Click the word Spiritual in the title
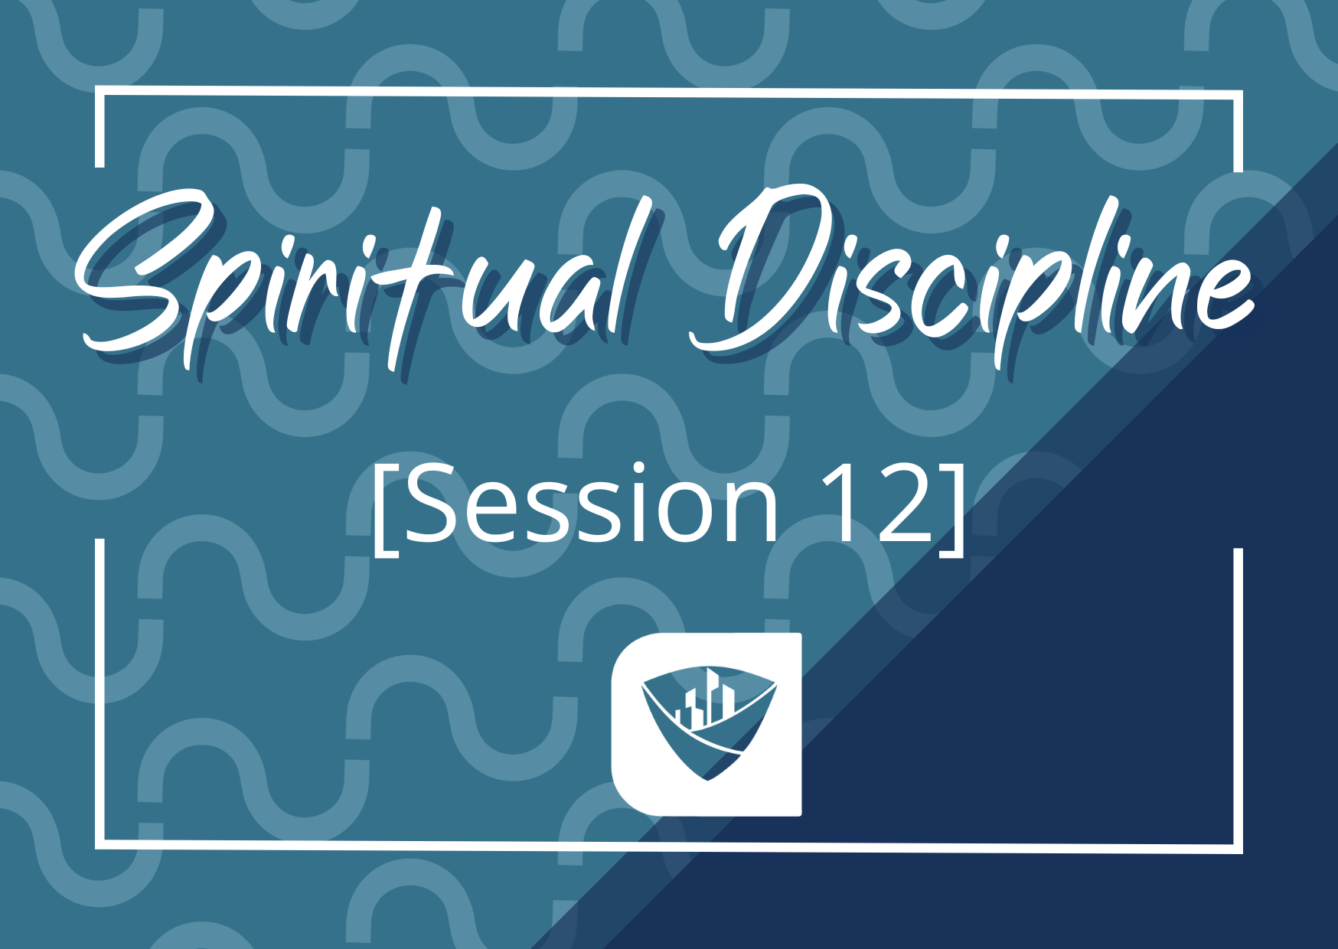[360, 283]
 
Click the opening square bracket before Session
[386, 508]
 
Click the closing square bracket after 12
[952, 508]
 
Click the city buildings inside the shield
[706, 698]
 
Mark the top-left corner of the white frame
[100, 93]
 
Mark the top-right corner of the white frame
[1238, 95]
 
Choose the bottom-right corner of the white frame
[1238, 849]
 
